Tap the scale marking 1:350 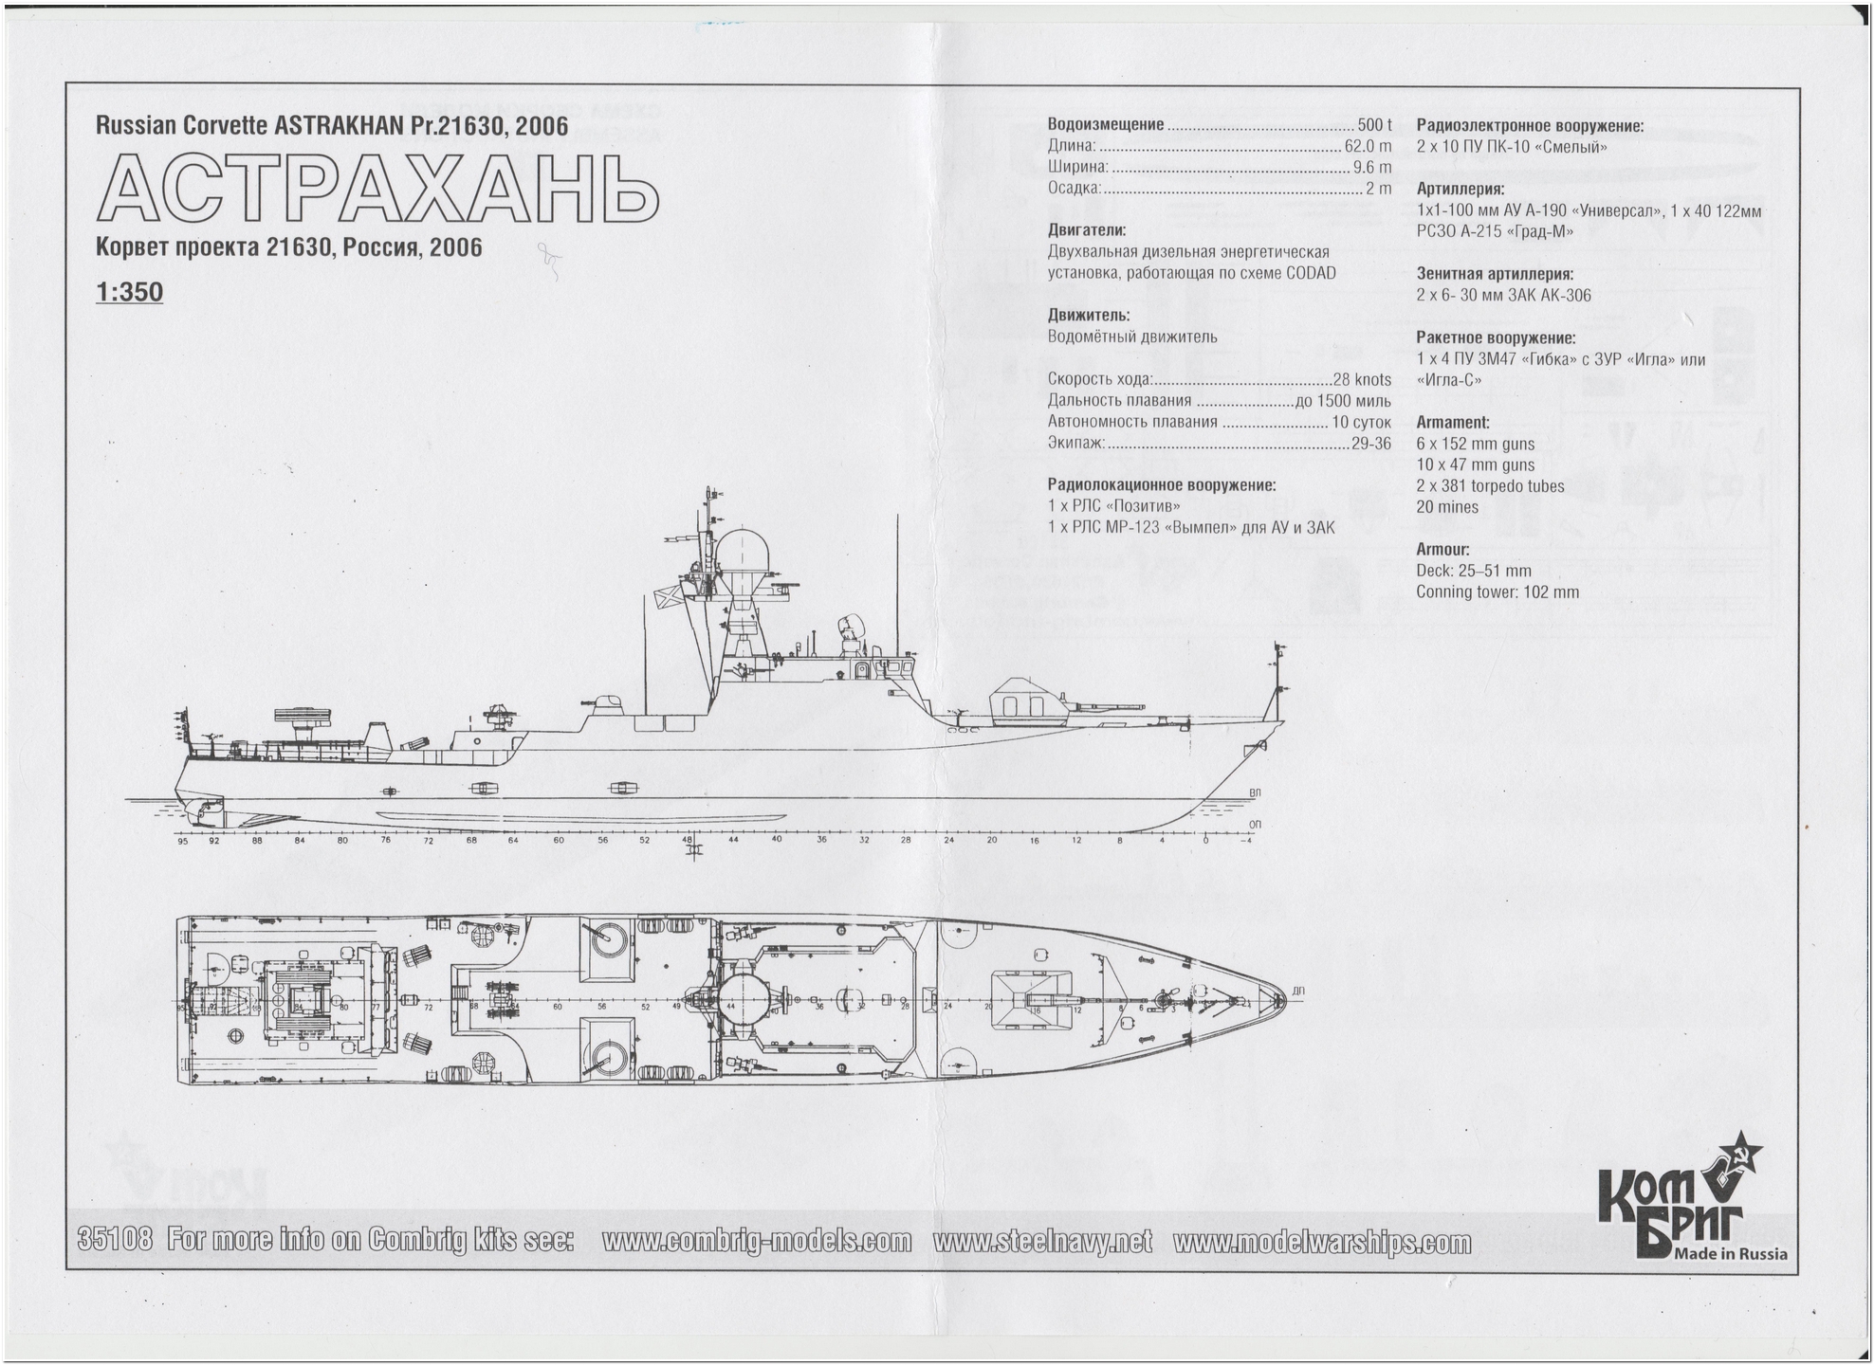tap(129, 292)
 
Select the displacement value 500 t tap(1374, 125)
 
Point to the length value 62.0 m tap(1368, 146)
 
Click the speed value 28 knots tap(1362, 379)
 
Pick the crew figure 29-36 tap(1370, 443)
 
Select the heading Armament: tap(1452, 423)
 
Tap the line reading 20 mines tap(1447, 507)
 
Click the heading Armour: tap(1442, 550)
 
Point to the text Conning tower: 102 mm tap(1497, 592)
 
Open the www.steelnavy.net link tap(1042, 1241)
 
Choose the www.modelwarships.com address tap(1322, 1242)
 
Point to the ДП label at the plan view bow tap(1297, 991)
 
